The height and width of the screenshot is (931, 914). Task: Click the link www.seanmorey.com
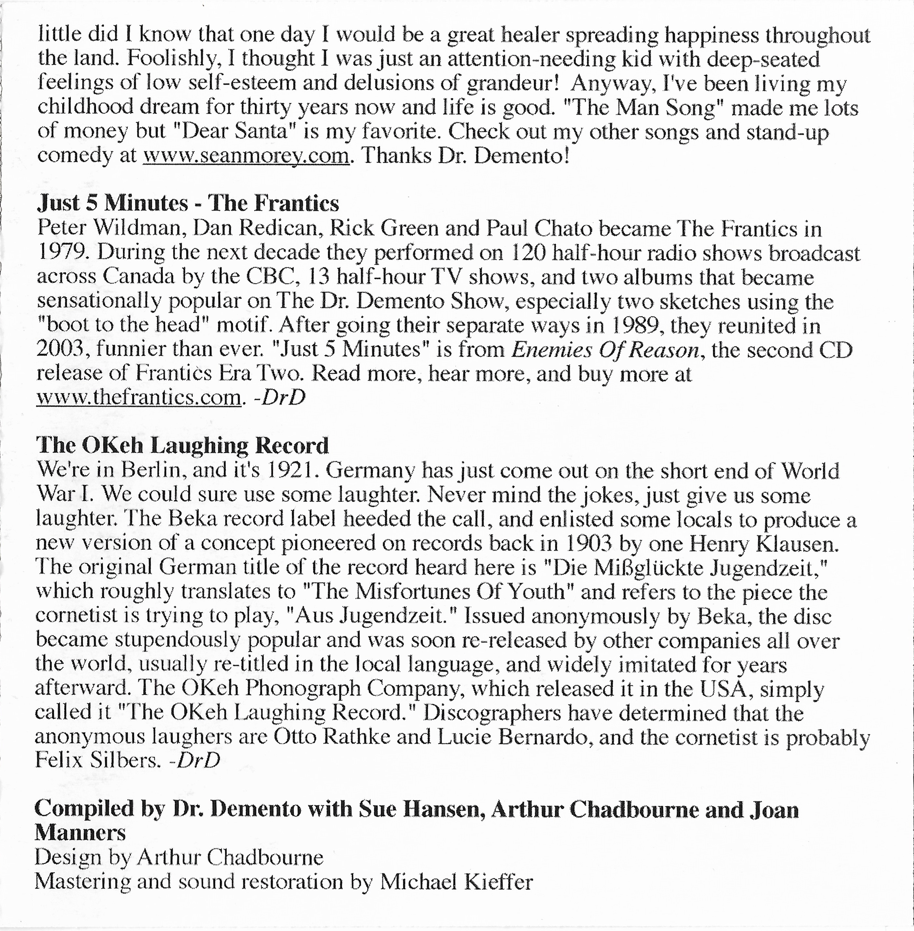246,156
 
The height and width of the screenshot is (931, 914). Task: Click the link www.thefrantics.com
138,397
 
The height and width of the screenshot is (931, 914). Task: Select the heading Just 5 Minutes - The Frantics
188,204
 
